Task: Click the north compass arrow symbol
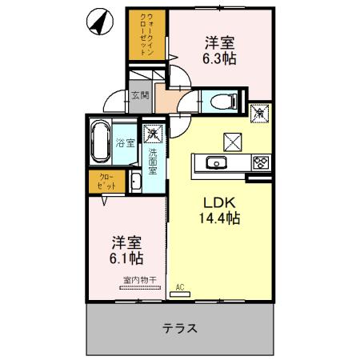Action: tap(98, 22)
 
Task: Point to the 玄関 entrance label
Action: tap(140, 94)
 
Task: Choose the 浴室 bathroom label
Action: tap(124, 144)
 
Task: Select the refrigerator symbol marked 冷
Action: tap(259, 113)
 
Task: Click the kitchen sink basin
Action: tap(216, 163)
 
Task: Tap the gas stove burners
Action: tap(260, 163)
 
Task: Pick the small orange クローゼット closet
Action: tap(106, 181)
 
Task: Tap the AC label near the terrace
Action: tap(180, 286)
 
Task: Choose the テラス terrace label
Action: tap(180, 328)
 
